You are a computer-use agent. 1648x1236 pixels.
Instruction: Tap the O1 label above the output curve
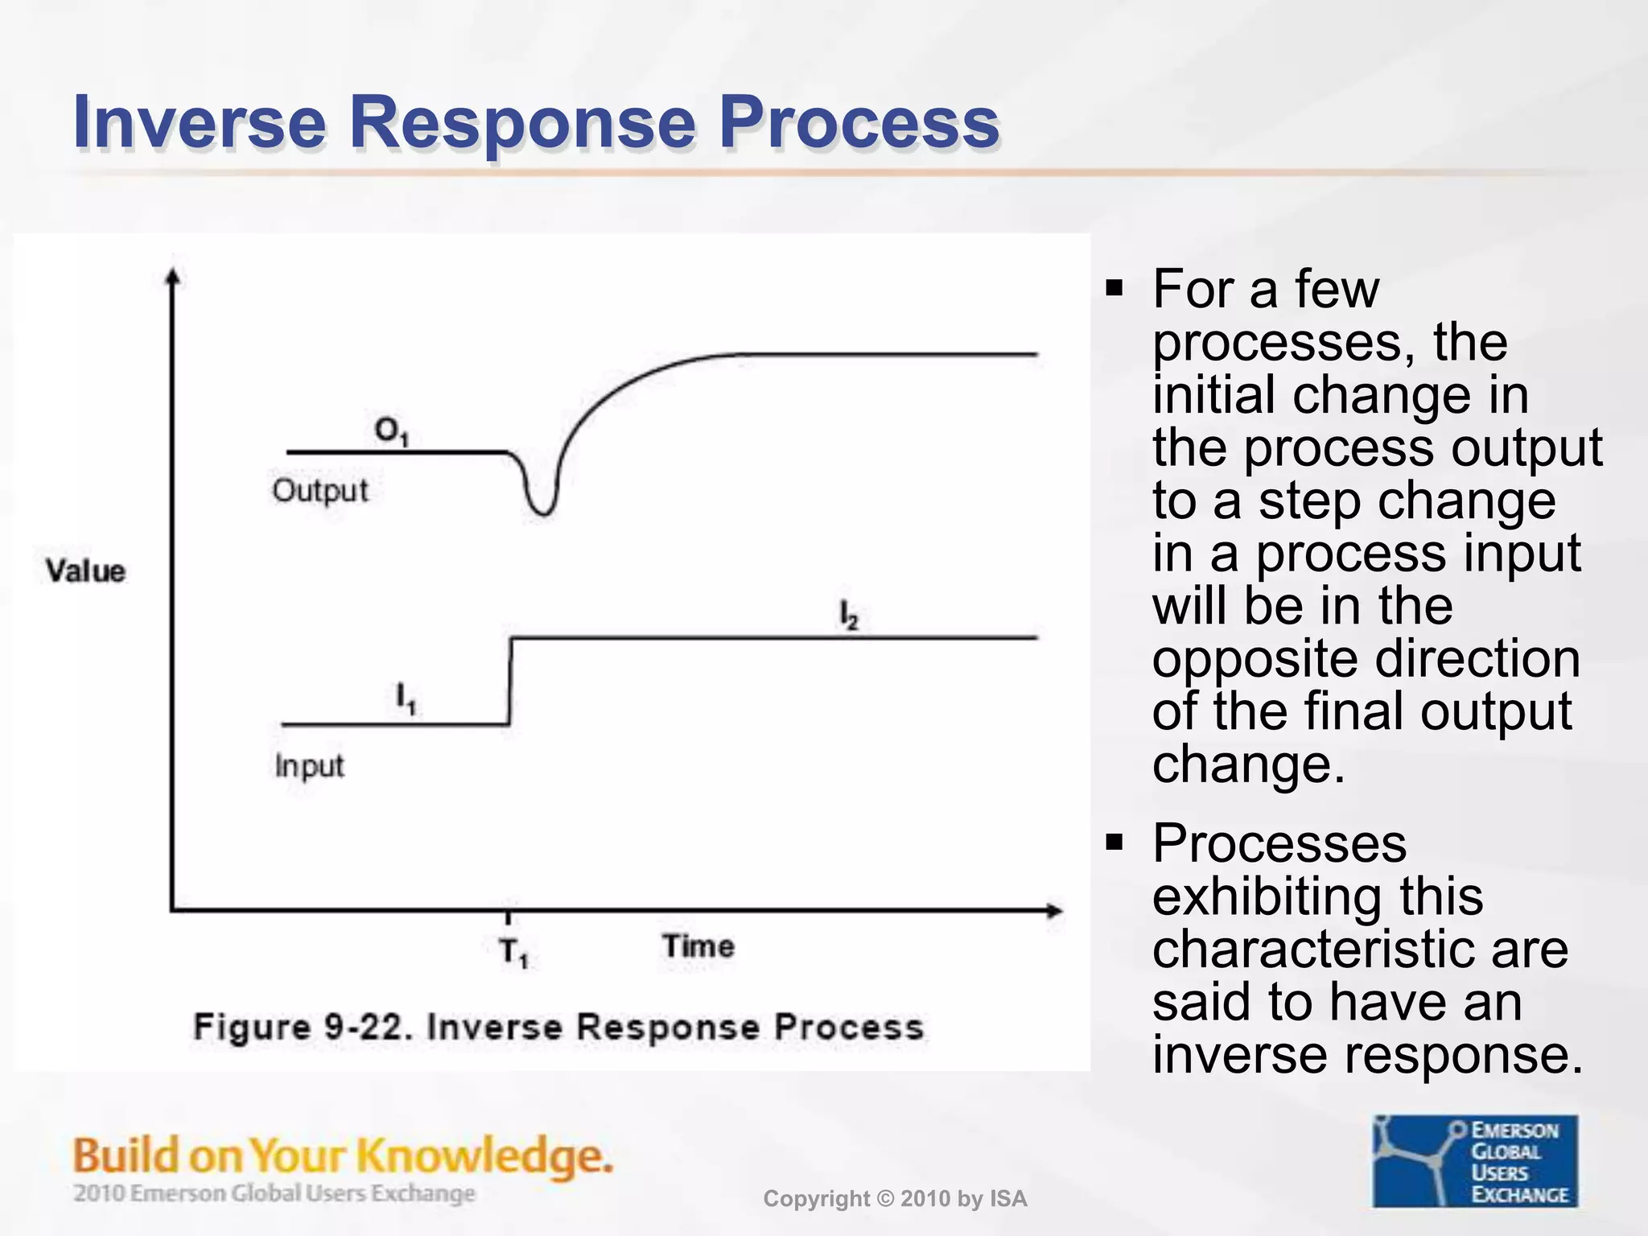392,431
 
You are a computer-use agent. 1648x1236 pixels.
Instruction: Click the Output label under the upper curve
319,490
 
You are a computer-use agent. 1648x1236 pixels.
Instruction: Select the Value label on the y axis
85,571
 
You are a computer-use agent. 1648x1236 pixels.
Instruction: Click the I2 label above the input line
849,616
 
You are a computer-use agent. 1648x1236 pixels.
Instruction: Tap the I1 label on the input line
406,698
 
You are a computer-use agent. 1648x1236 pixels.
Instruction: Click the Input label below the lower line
309,765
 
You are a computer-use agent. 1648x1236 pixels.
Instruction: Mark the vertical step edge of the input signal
510,681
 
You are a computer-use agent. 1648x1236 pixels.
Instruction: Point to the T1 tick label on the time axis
513,953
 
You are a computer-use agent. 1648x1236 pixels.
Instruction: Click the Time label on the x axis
698,946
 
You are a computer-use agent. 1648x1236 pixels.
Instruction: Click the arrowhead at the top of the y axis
171,277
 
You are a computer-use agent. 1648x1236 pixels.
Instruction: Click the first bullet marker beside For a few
1114,288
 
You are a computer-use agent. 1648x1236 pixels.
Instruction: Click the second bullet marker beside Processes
1114,843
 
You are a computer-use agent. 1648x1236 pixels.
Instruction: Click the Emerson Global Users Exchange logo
1474,1160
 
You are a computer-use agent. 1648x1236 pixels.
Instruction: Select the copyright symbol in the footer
885,1199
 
